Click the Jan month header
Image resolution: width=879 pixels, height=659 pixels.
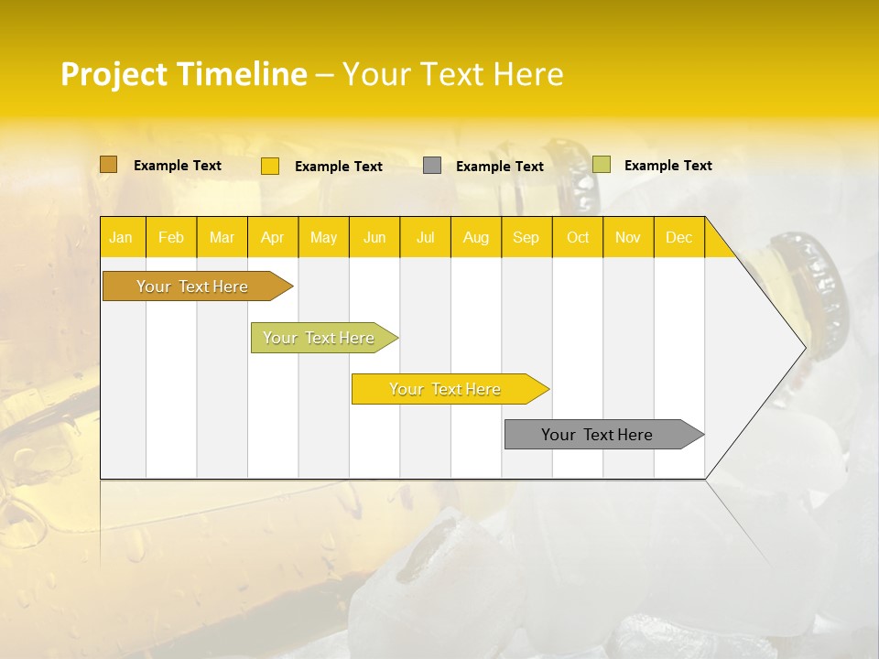coord(121,237)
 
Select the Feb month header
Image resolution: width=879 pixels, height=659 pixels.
coord(171,237)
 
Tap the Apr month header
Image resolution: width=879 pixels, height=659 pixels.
coord(272,237)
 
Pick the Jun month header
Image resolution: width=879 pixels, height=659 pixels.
coord(374,237)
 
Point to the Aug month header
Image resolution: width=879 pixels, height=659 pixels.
coord(475,237)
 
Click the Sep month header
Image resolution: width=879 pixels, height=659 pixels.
coord(526,237)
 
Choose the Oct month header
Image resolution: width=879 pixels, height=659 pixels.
coord(578,237)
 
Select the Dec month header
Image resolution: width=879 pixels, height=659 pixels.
coord(678,237)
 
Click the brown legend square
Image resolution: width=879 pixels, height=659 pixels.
coord(108,165)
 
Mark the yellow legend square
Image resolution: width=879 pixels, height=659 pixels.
coord(270,166)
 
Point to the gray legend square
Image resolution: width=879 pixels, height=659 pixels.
coord(432,166)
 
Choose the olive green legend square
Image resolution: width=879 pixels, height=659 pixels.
coord(601,165)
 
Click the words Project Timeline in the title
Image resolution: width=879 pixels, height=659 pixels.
coord(183,74)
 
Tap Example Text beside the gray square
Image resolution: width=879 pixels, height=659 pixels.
coord(499,167)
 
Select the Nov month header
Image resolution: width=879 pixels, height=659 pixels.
coord(628,237)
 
